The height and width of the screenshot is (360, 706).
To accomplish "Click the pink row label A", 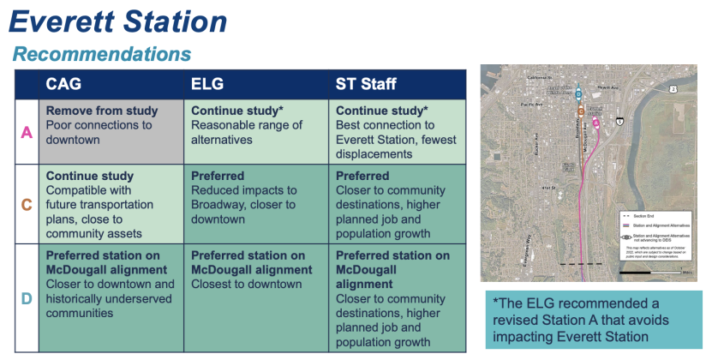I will (x=26, y=133).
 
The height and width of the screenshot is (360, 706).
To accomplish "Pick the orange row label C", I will (x=26, y=205).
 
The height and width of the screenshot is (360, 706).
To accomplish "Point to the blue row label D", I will (x=26, y=298).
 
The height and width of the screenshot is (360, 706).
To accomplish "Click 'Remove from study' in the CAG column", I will (x=102, y=111).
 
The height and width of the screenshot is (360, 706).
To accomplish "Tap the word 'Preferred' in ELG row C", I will (x=218, y=176).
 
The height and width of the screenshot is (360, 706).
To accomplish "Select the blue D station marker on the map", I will (x=578, y=93).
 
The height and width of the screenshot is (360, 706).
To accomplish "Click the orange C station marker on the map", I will (x=581, y=111).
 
